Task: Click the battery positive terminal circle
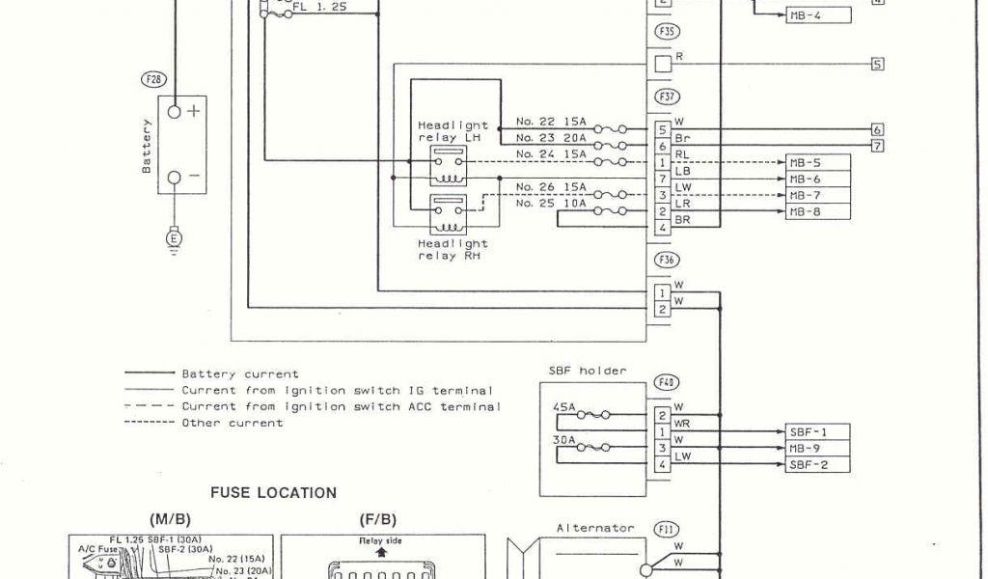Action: [175, 112]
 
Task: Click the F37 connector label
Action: [667, 96]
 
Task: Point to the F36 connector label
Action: [667, 259]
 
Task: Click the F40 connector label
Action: [667, 382]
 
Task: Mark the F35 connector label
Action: [667, 32]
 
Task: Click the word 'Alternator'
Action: [596, 528]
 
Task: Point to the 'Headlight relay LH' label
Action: [453, 131]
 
